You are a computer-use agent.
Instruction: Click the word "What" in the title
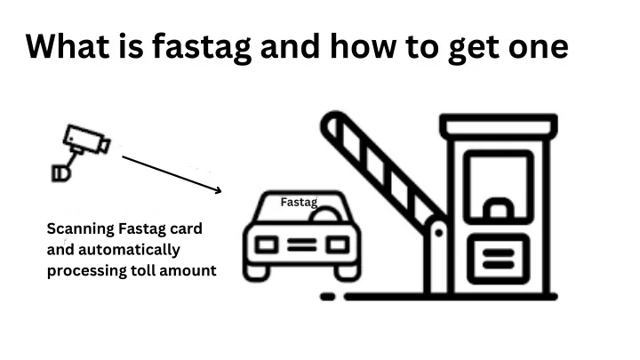point(68,46)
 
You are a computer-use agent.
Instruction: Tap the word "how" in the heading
point(363,46)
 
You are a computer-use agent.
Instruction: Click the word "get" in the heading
point(473,50)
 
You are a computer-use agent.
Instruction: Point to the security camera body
point(86,140)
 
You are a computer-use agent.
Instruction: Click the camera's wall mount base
point(61,173)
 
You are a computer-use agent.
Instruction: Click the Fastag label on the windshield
point(299,202)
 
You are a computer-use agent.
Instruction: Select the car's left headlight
point(267,245)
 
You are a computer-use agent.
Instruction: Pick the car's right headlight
point(338,245)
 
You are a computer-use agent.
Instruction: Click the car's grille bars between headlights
point(302,245)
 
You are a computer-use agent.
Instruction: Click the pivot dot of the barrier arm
point(439,233)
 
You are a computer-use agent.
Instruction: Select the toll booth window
point(499,187)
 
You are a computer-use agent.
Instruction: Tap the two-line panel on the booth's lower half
point(499,259)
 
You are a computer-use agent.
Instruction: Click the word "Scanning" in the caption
point(80,229)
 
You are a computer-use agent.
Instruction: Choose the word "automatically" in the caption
point(129,250)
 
